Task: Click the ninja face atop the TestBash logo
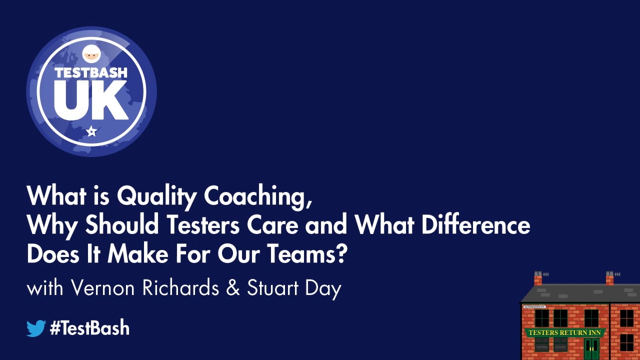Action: tap(91, 53)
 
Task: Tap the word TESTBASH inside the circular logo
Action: tap(91, 72)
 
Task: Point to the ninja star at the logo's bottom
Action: tap(91, 131)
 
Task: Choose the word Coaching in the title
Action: tap(258, 196)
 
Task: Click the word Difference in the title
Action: tap(475, 225)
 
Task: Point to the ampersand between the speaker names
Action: tap(233, 288)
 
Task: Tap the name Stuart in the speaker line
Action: tap(272, 288)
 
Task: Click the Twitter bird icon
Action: tap(36, 328)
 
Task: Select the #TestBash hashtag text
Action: tap(90, 328)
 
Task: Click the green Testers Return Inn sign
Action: tap(564, 332)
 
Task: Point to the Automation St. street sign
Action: tap(534, 306)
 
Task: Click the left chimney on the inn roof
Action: tap(538, 278)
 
